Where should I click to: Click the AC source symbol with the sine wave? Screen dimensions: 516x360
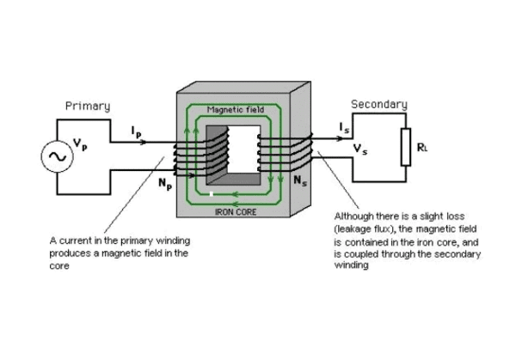(x=58, y=156)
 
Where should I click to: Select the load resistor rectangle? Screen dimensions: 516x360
(x=406, y=147)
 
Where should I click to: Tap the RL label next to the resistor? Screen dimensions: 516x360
(x=422, y=148)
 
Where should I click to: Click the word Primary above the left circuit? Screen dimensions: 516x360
(x=88, y=107)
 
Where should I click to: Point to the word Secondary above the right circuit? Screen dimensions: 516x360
(x=379, y=104)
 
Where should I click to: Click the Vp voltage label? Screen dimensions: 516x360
(x=80, y=144)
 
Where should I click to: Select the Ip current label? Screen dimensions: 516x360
(x=136, y=131)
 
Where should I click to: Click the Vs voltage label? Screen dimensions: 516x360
(x=360, y=149)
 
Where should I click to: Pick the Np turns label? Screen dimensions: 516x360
(x=165, y=184)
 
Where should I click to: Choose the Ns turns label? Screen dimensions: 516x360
(x=300, y=180)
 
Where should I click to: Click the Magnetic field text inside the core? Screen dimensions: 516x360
(x=236, y=109)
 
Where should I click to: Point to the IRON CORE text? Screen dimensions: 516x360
(x=236, y=212)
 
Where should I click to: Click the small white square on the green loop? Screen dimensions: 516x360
(x=212, y=194)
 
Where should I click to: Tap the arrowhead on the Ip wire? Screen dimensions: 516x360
(x=144, y=143)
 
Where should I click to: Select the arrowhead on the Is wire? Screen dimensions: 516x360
(x=340, y=138)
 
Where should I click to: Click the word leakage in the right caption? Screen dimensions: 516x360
(x=353, y=229)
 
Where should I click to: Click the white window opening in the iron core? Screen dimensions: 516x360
(x=244, y=149)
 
